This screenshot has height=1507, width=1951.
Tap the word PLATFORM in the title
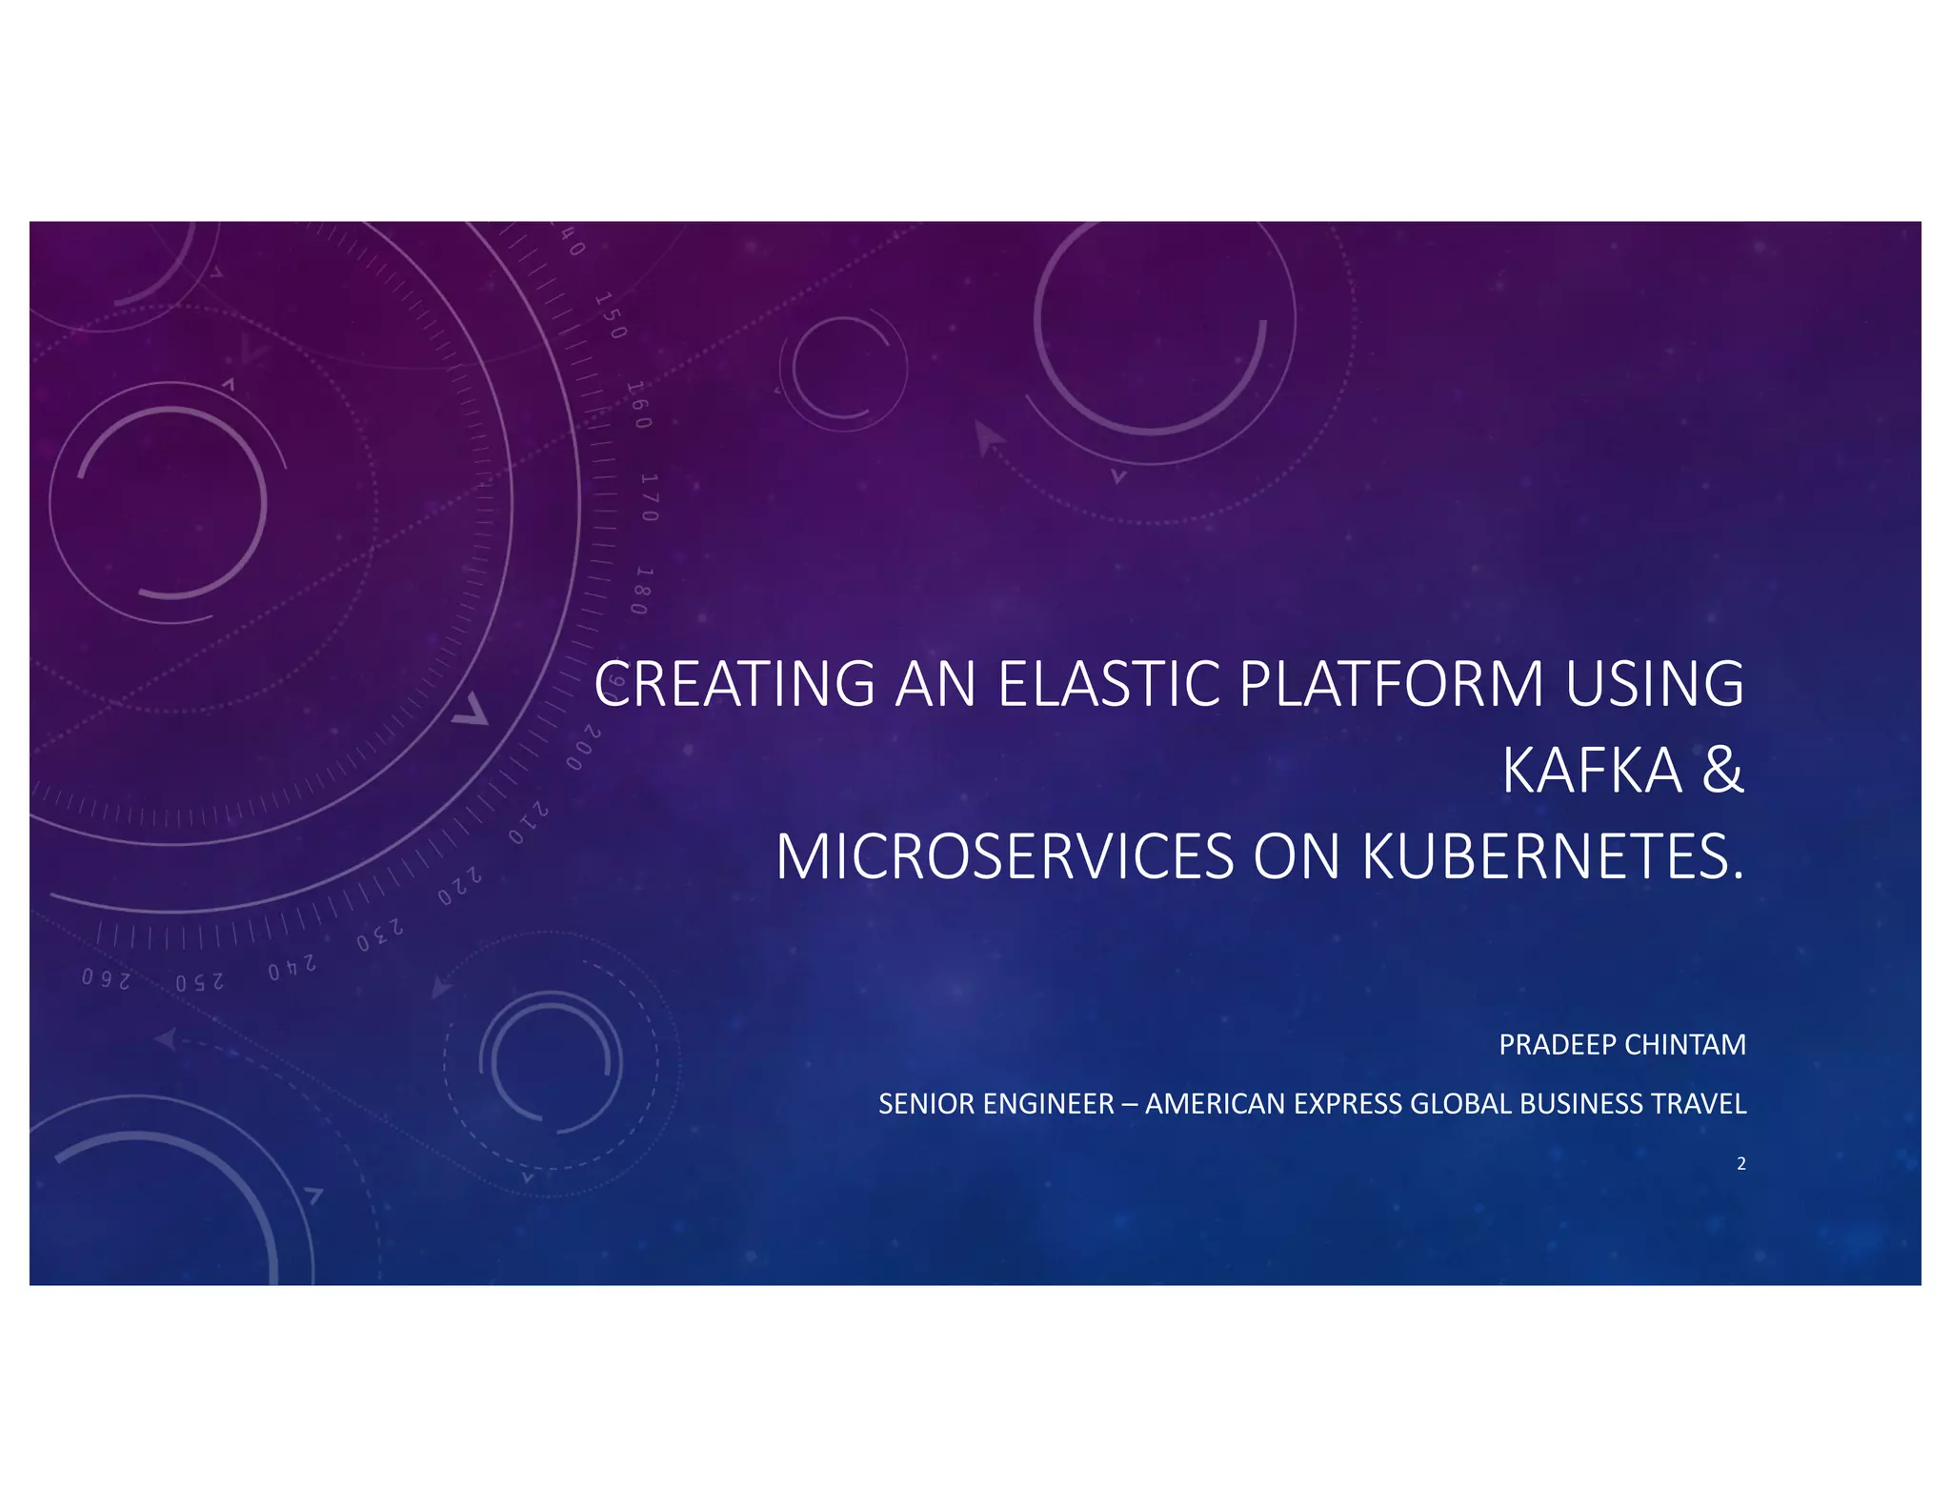click(1392, 684)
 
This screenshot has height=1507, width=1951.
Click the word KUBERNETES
click(1552, 857)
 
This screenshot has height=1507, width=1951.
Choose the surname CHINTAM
click(1685, 1045)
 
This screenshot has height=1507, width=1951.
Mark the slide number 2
click(1741, 1163)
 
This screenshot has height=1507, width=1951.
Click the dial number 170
click(649, 497)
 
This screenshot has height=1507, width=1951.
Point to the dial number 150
click(612, 316)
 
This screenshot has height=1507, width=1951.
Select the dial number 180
click(644, 591)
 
